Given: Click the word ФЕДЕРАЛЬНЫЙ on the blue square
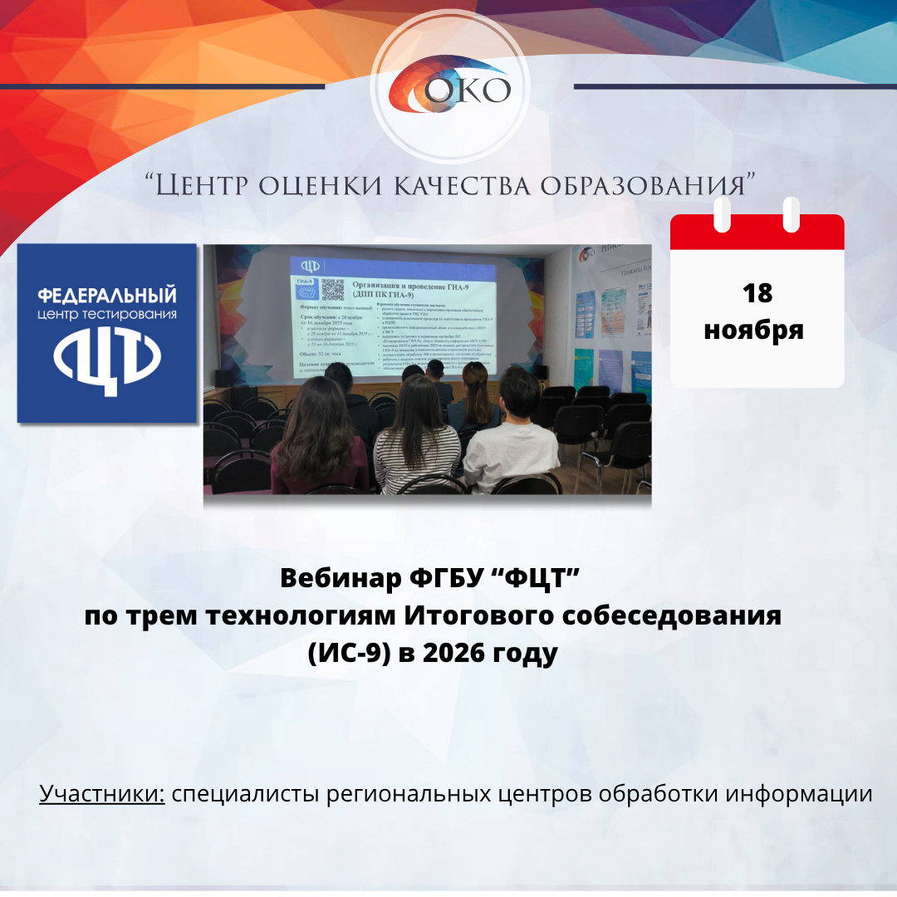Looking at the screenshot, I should [x=108, y=296].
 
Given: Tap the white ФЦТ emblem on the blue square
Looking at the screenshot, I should [x=107, y=362].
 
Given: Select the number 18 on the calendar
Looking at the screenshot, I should [x=757, y=293].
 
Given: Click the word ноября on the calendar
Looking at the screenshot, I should [x=754, y=329].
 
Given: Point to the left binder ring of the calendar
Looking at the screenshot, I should [x=722, y=214].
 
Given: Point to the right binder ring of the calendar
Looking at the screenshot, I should [x=791, y=214].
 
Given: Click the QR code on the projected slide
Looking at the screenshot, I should [x=332, y=289].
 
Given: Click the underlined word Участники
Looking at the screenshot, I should [x=102, y=793].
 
